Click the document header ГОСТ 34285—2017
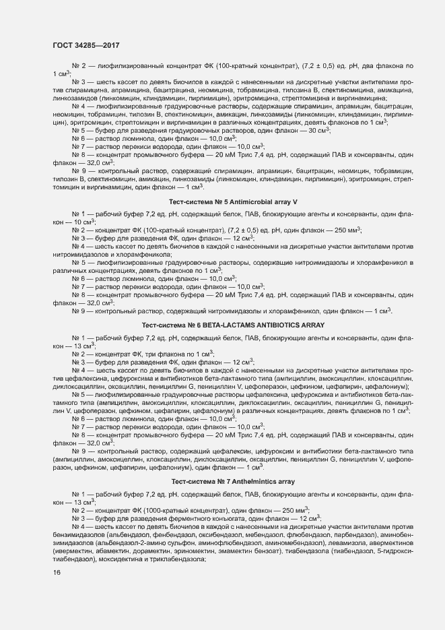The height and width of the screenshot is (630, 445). pyautogui.click(x=86, y=46)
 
